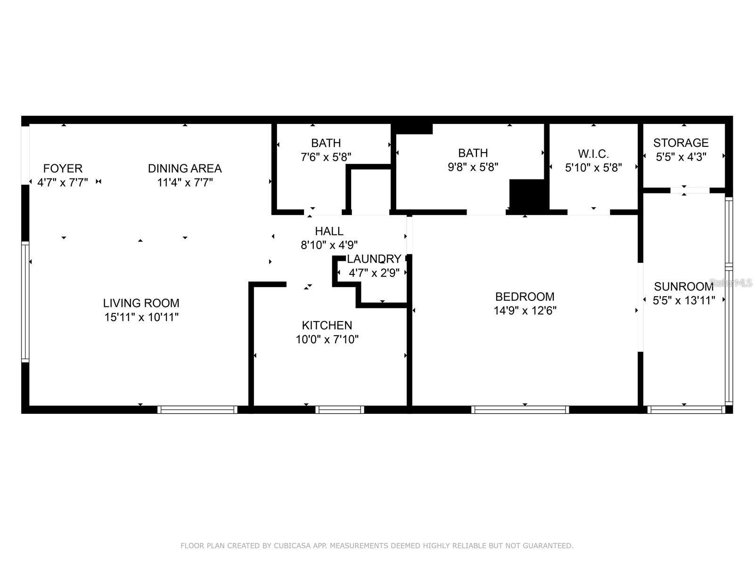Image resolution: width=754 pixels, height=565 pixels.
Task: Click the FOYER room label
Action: [x=63, y=169]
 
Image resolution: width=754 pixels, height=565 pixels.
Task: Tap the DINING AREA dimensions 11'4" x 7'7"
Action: [x=185, y=183]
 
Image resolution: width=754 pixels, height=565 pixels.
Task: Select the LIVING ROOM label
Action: [x=141, y=303]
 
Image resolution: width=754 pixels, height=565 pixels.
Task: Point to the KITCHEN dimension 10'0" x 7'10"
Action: [x=327, y=339]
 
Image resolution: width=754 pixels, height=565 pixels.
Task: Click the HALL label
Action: [x=329, y=231]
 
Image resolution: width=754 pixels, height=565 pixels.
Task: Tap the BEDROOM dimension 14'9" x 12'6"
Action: [x=525, y=311]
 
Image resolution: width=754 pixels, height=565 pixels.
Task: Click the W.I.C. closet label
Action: [x=593, y=153]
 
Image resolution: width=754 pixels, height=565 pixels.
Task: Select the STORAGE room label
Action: [x=681, y=143]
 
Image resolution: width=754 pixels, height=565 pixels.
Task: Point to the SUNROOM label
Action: [x=683, y=286]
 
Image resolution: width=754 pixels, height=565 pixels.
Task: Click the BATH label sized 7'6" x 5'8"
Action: [x=326, y=143]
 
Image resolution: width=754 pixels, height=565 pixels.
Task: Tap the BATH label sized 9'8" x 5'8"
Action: [x=473, y=153]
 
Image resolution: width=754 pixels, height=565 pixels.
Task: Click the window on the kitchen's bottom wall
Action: [x=339, y=410]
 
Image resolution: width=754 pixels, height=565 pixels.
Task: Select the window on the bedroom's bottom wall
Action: [x=520, y=410]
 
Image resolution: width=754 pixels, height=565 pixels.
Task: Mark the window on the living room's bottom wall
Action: [x=197, y=410]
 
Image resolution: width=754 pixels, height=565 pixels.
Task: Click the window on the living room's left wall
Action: [x=25, y=301]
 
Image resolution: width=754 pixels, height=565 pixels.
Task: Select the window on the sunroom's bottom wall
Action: [x=686, y=410]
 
